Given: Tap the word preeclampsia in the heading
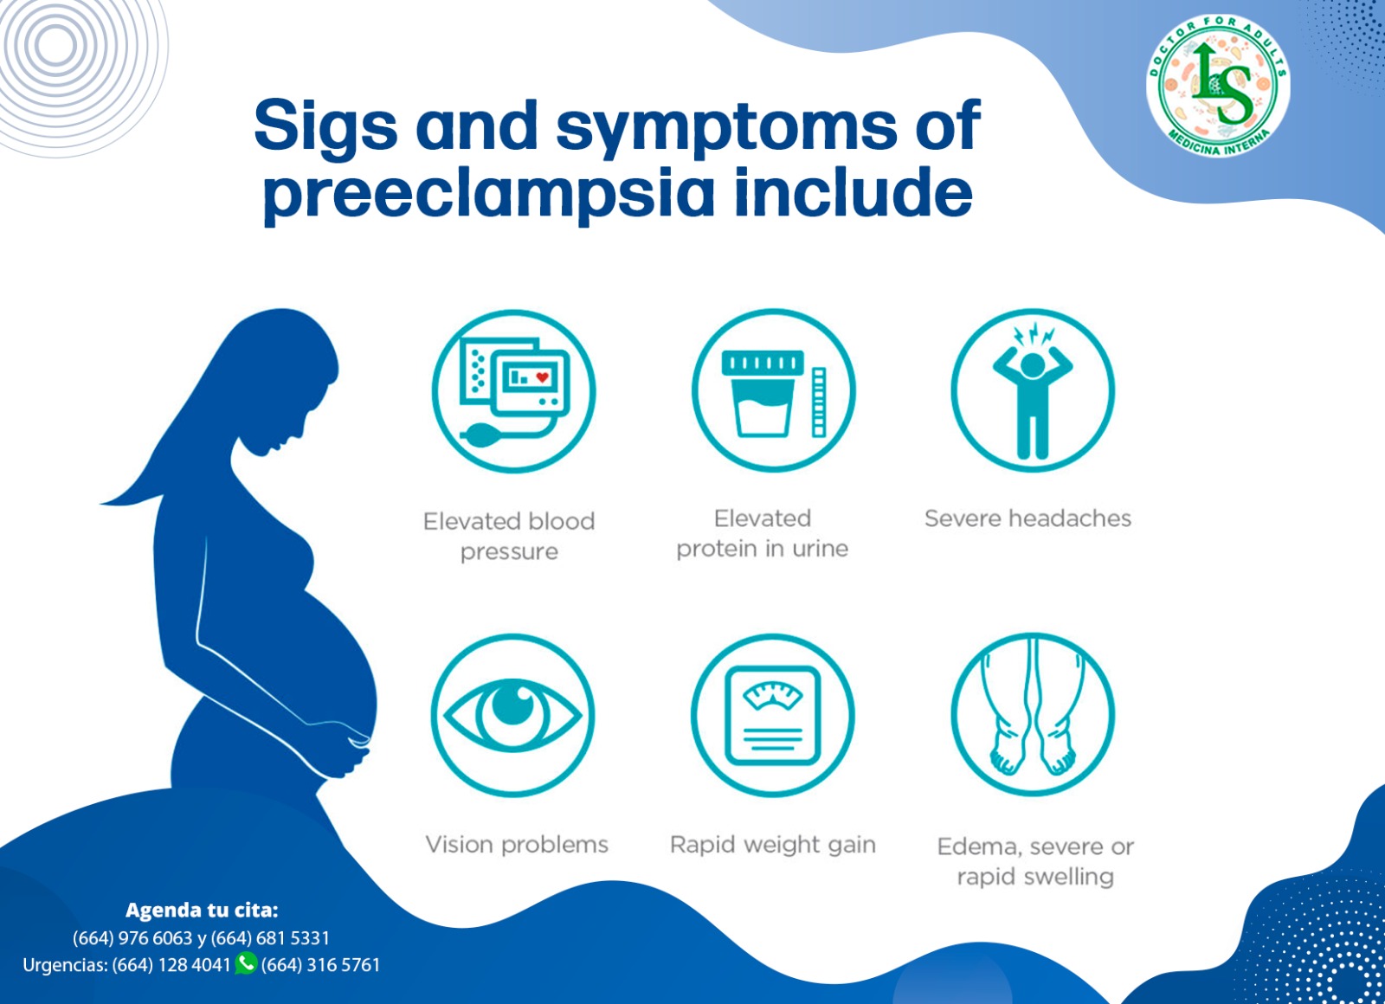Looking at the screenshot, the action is pyautogui.click(x=488, y=195).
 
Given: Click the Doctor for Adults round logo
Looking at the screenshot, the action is pyautogui.click(x=1217, y=86).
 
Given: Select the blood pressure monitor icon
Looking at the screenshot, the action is pyautogui.click(x=513, y=391).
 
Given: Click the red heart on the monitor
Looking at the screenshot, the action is pyautogui.click(x=542, y=376).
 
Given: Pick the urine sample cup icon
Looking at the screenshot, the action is pyautogui.click(x=774, y=390).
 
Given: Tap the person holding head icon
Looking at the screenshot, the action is pyautogui.click(x=1033, y=390).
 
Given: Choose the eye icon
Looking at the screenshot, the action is pyautogui.click(x=512, y=716).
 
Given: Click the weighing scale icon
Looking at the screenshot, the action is pyautogui.click(x=773, y=716).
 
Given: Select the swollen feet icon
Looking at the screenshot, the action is pyautogui.click(x=1033, y=715).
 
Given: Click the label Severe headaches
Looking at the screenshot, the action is pyautogui.click(x=1027, y=518).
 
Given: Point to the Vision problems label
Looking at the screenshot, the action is pyautogui.click(x=517, y=845).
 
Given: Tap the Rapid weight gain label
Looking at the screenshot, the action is pyautogui.click(x=773, y=845).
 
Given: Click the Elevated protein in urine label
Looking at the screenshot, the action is pyautogui.click(x=763, y=533).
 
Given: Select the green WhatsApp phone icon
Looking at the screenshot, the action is pyautogui.click(x=246, y=962).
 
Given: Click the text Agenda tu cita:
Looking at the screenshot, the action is pyautogui.click(x=202, y=910).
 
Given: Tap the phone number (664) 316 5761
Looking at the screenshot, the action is pyautogui.click(x=320, y=964).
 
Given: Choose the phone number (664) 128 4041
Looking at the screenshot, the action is pyautogui.click(x=171, y=964).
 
